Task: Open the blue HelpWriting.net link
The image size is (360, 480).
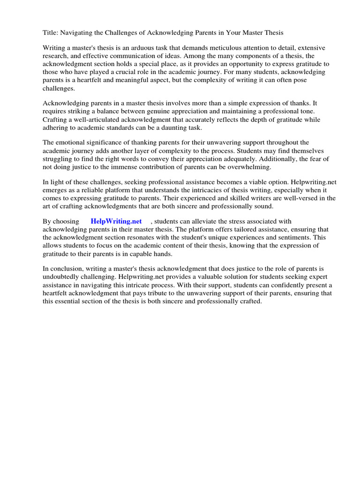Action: pyautogui.click(x=116, y=222)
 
